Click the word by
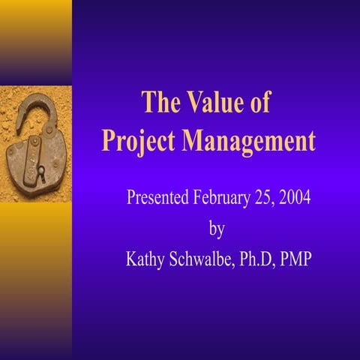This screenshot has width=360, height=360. coord(215,228)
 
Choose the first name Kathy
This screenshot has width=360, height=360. coord(148,259)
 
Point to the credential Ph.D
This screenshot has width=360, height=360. coord(262,259)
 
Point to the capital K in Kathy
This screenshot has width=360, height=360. coord(133,259)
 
